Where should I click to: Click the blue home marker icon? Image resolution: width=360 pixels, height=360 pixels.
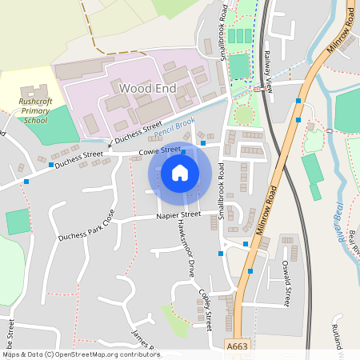(180, 173)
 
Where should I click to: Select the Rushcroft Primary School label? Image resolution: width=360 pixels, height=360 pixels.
(34, 110)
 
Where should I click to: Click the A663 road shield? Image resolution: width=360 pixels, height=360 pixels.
(237, 346)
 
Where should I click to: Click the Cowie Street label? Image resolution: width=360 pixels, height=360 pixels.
(159, 150)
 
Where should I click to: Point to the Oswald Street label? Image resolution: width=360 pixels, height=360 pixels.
(286, 286)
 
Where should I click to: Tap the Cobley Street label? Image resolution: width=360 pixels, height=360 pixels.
(206, 306)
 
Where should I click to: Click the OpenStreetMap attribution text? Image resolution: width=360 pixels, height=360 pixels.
(81, 354)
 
